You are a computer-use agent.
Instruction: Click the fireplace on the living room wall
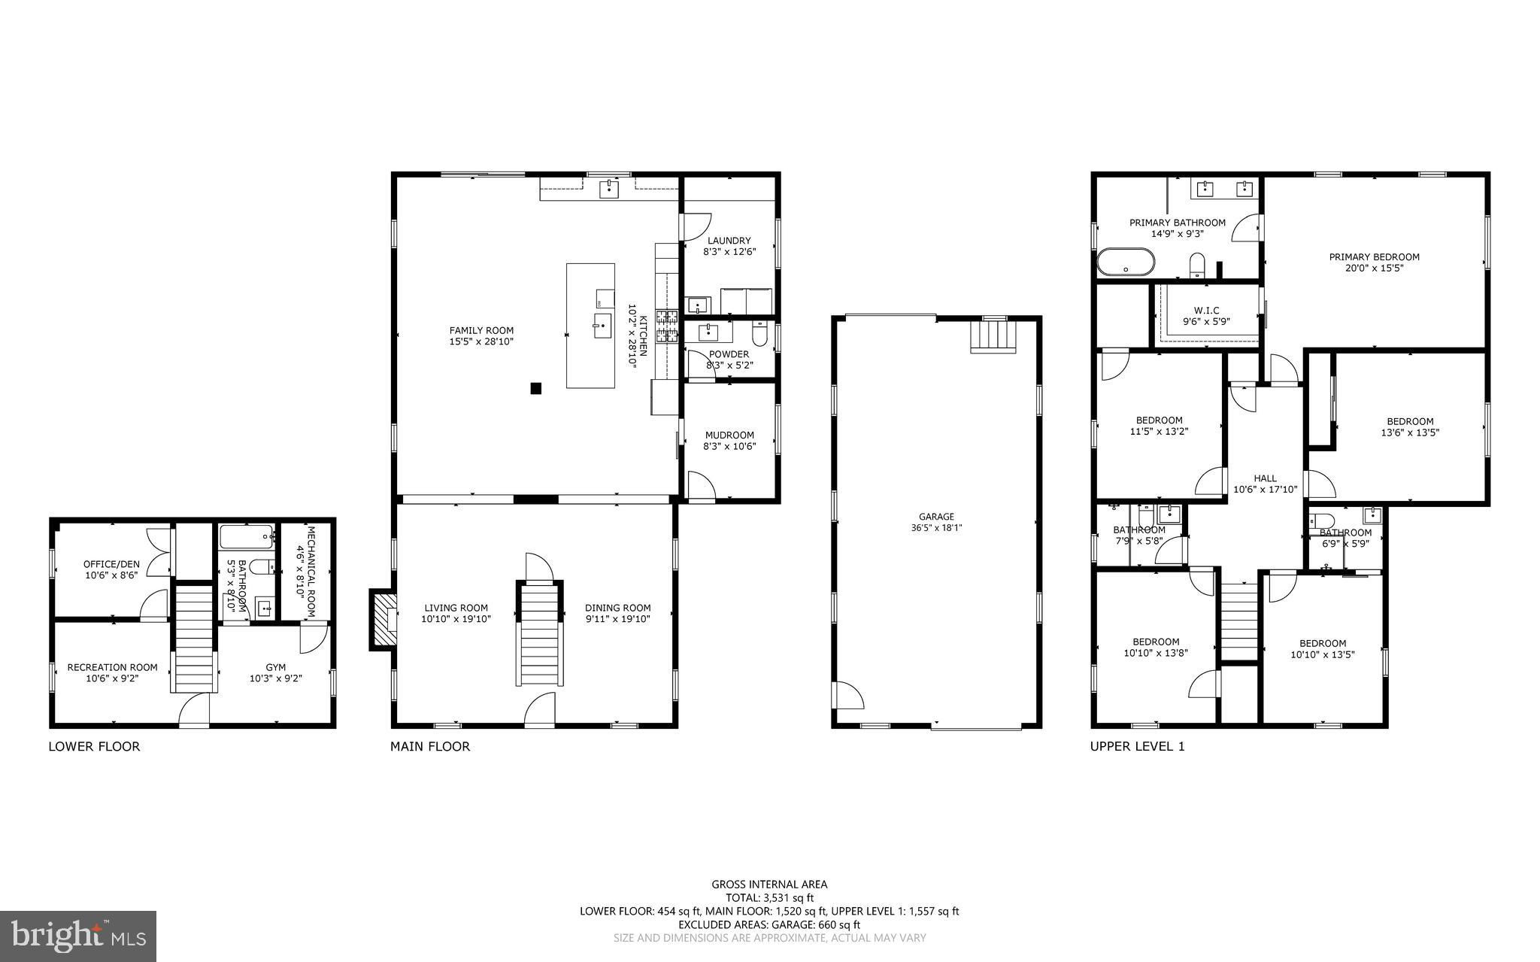(383, 618)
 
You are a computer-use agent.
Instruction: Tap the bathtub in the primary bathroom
(1124, 263)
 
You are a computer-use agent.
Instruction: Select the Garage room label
(936, 522)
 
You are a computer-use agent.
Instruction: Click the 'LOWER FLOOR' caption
(94, 747)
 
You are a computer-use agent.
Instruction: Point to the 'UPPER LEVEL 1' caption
(1138, 747)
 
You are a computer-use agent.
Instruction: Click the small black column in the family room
(536, 388)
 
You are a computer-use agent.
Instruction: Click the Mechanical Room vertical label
(305, 571)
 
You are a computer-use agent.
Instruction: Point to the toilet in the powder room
(759, 333)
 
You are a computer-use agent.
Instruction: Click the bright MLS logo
(78, 936)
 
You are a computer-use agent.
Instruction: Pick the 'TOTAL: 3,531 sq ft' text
(769, 897)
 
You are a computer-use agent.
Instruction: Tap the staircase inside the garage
(993, 336)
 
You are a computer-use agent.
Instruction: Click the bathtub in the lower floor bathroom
(246, 537)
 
